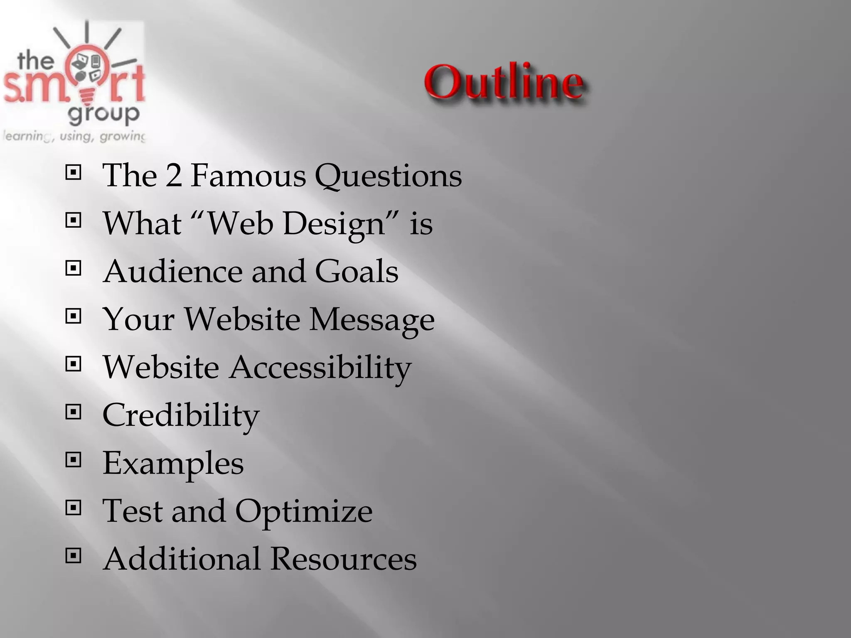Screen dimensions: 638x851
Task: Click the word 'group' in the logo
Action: click(103, 113)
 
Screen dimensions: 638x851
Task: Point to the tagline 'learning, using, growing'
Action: click(74, 136)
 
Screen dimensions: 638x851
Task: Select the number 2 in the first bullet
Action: click(174, 175)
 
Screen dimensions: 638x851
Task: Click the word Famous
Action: click(248, 175)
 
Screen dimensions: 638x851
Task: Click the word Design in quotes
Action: click(334, 224)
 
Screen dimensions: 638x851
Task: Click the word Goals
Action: click(357, 271)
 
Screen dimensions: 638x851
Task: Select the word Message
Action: click(372, 320)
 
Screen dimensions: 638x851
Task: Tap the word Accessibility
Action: click(320, 368)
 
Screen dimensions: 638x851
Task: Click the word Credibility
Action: click(181, 415)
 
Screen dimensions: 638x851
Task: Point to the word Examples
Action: click(173, 464)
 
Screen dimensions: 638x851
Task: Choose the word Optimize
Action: click(304, 511)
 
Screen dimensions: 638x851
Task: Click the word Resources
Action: click(343, 559)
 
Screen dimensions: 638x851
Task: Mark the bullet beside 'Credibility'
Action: click(74, 412)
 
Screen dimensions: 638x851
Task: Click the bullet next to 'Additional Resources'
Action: click(74, 555)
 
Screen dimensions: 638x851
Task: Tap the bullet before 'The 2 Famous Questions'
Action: click(74, 172)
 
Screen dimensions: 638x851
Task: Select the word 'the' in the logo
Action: click(36, 61)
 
